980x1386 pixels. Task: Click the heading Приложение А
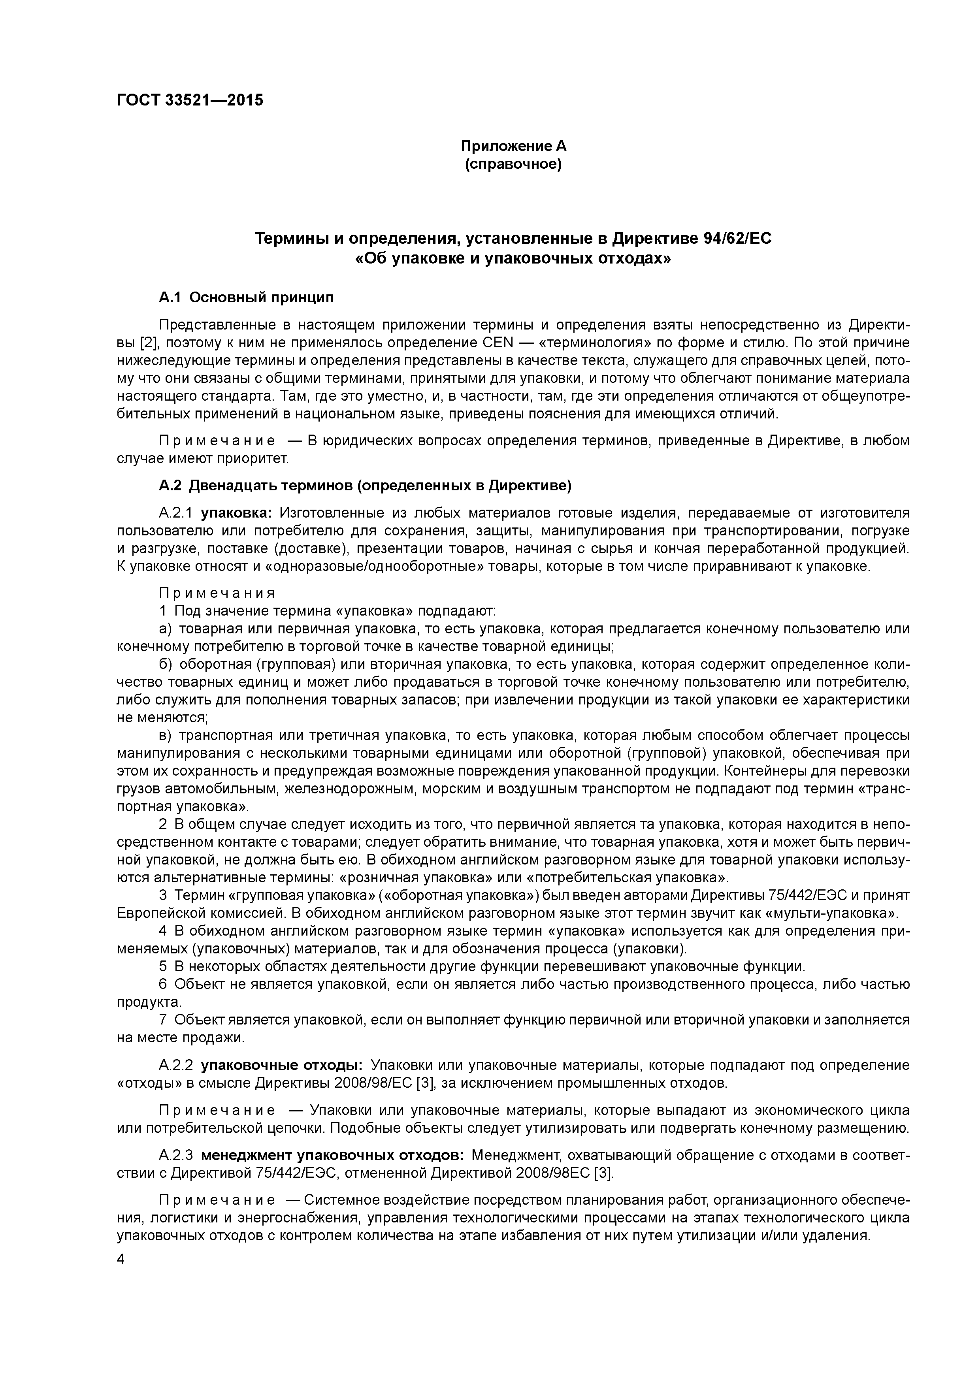(513, 146)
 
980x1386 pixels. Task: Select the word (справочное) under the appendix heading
(513, 164)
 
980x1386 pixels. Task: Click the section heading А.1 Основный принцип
(246, 297)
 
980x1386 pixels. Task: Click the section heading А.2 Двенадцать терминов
(365, 485)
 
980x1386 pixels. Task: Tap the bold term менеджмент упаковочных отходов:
(332, 1155)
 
